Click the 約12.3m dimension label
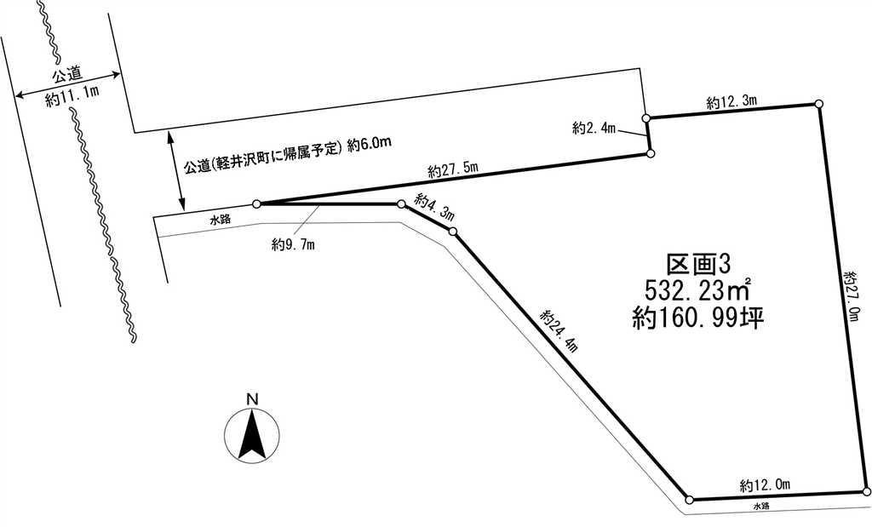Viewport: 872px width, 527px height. (x=731, y=102)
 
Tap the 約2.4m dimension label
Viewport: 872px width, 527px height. (x=594, y=129)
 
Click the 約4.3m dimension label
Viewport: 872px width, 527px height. (x=433, y=209)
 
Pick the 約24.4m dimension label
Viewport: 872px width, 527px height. (x=559, y=331)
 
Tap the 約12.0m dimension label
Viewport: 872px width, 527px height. (x=765, y=485)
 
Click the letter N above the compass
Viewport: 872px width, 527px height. (x=251, y=398)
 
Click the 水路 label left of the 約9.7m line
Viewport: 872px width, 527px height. (x=221, y=220)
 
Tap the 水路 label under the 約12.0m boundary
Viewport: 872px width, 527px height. (x=761, y=507)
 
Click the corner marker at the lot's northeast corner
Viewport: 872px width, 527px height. (x=818, y=104)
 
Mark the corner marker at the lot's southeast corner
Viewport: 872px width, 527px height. (x=866, y=491)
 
